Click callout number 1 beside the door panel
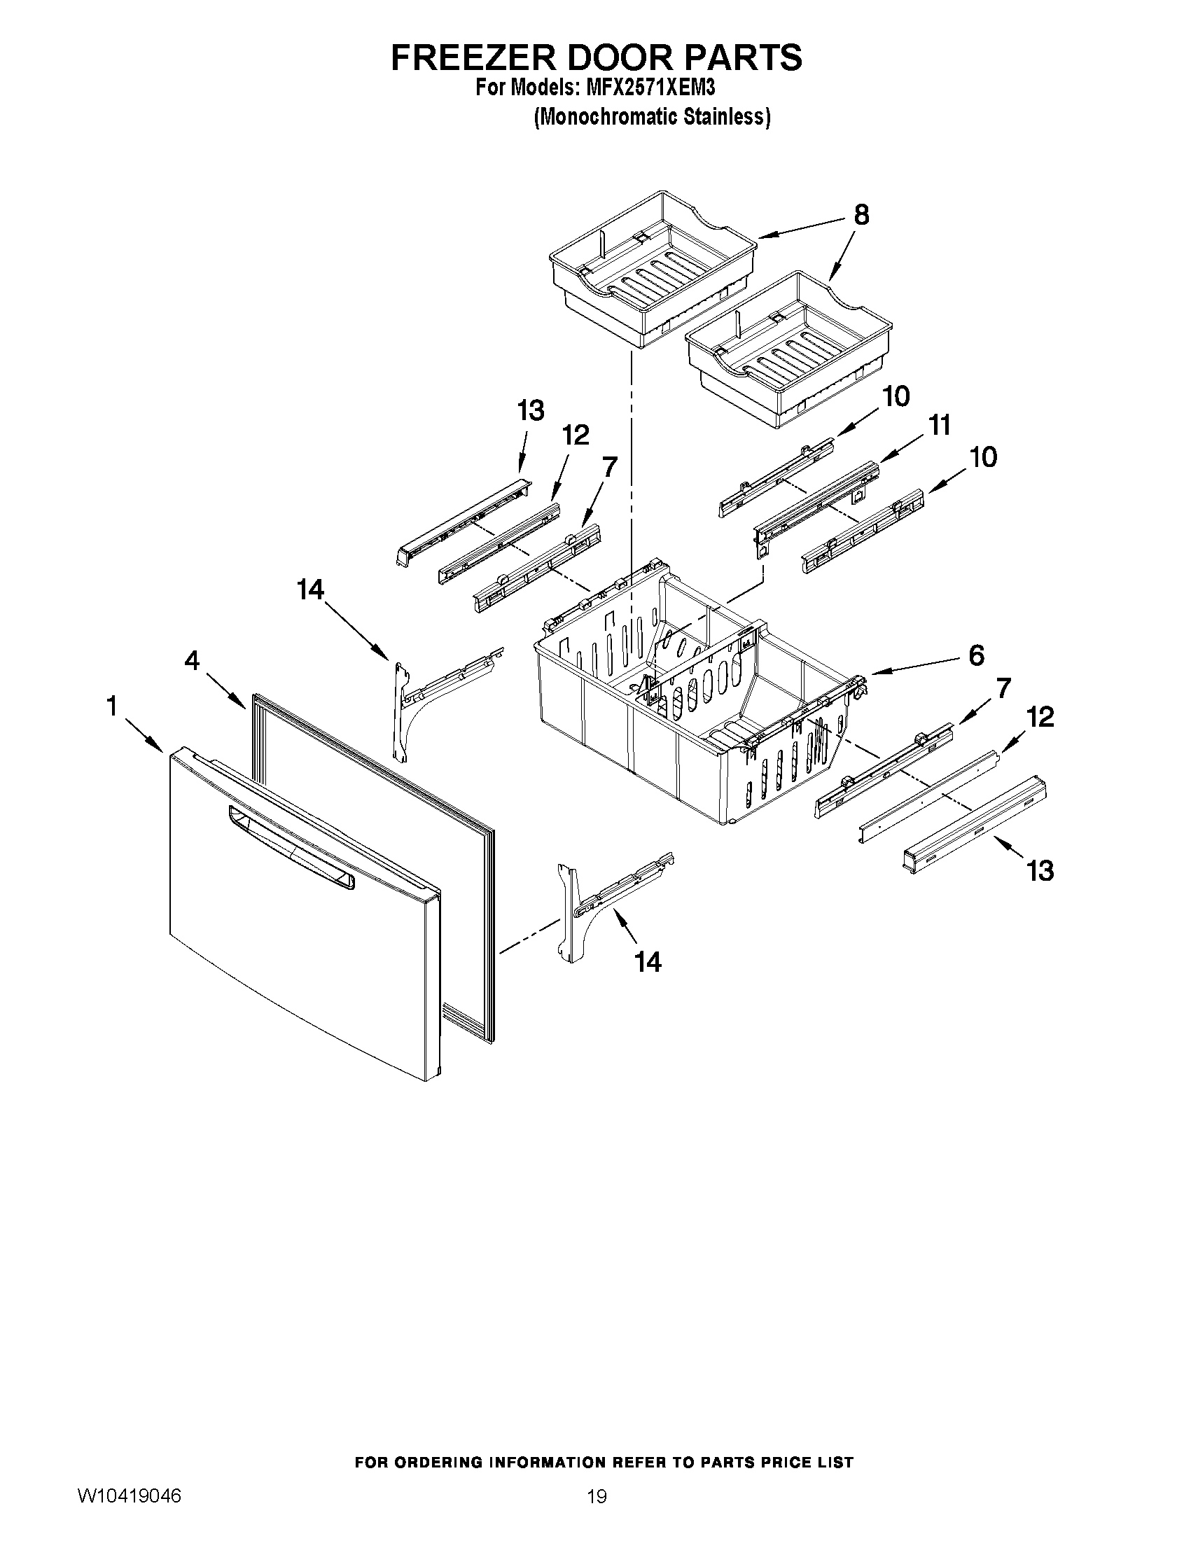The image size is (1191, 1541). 112,705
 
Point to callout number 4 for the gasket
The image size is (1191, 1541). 192,660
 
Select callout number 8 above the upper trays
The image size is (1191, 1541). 861,214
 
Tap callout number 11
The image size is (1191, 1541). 939,425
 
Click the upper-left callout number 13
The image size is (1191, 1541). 531,410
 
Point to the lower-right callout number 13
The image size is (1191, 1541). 1040,871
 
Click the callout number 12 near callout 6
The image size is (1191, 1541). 1040,717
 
